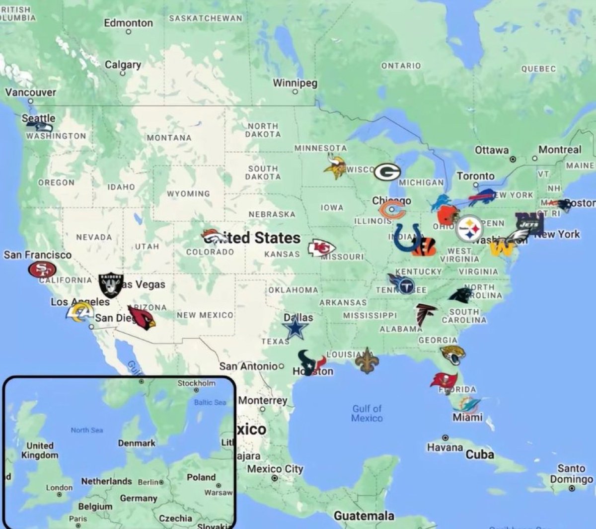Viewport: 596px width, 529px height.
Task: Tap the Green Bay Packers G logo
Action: coord(387,172)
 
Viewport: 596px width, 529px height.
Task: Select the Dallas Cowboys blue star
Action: coord(295,329)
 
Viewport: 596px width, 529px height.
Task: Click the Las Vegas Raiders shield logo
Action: coord(110,285)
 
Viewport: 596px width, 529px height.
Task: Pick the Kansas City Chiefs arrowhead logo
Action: coord(321,248)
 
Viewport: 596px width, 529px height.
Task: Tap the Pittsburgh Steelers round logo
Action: coord(469,229)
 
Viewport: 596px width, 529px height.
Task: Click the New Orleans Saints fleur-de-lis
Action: coord(367,360)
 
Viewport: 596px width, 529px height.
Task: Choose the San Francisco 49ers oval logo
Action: coord(42,270)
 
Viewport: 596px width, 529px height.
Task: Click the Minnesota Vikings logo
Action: coord(335,166)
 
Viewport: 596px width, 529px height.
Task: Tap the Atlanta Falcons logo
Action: coord(425,314)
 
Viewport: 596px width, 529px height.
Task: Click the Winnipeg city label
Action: coord(295,83)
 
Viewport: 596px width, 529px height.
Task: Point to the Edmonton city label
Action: coord(128,23)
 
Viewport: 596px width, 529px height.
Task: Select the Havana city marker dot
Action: coord(445,438)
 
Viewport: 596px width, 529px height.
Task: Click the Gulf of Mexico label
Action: coord(367,413)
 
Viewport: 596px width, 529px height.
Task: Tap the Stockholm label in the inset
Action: coord(197,383)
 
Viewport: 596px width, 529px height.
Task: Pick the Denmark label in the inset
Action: coord(137,443)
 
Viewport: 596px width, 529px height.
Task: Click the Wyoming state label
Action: coord(188,193)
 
